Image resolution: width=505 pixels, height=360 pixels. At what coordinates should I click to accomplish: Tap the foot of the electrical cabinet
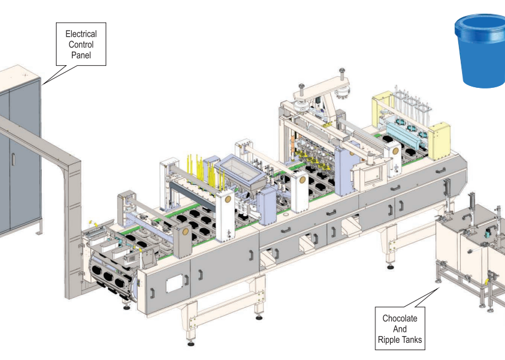click(39, 232)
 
